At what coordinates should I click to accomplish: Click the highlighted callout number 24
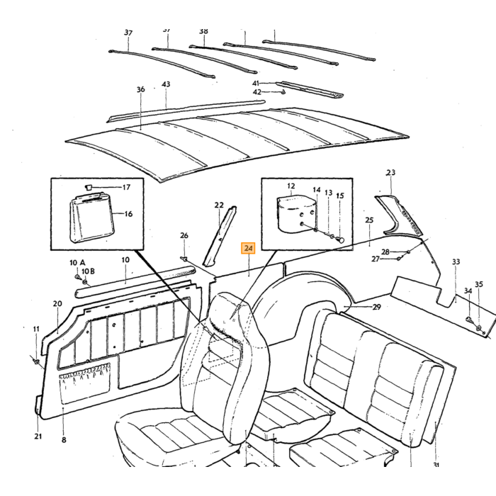click(x=248, y=248)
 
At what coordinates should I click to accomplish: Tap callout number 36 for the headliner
click(x=141, y=89)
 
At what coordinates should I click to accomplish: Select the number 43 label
click(x=166, y=84)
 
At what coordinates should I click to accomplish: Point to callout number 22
click(x=219, y=205)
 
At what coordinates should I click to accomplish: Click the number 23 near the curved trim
click(x=390, y=172)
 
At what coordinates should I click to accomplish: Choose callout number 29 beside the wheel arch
click(x=376, y=307)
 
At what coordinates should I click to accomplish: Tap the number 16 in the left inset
click(x=128, y=214)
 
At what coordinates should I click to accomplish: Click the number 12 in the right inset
click(x=291, y=186)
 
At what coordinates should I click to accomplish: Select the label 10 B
click(x=88, y=271)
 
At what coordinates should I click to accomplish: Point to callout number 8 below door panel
click(x=64, y=440)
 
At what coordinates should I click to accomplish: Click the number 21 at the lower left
click(x=38, y=436)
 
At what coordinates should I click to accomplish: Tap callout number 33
click(x=456, y=261)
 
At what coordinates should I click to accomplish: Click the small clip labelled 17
click(x=89, y=188)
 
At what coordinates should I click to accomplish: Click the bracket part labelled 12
click(x=297, y=215)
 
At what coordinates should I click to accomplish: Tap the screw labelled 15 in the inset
click(x=341, y=239)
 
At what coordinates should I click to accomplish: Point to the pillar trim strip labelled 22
click(x=220, y=237)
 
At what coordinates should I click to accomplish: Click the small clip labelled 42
click(x=283, y=92)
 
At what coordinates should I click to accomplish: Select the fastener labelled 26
click(x=184, y=259)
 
